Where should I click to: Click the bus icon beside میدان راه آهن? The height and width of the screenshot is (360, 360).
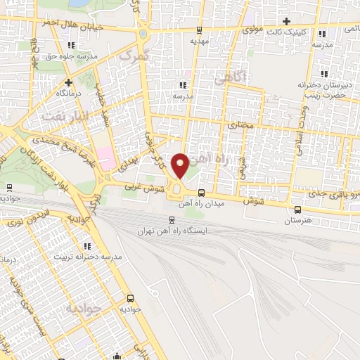pyautogui.click(x=202, y=193)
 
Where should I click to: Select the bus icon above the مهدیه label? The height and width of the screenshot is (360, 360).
pyautogui.click(x=200, y=30)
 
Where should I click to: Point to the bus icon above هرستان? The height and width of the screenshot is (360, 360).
pyautogui.click(x=297, y=209)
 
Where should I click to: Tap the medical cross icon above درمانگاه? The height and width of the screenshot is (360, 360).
pyautogui.click(x=58, y=82)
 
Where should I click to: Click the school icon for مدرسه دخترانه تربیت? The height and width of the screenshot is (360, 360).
pyautogui.click(x=87, y=246)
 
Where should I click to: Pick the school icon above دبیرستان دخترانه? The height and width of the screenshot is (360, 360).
pyautogui.click(x=323, y=73)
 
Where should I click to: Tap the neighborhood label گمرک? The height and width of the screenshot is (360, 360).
pyautogui.click(x=135, y=53)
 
